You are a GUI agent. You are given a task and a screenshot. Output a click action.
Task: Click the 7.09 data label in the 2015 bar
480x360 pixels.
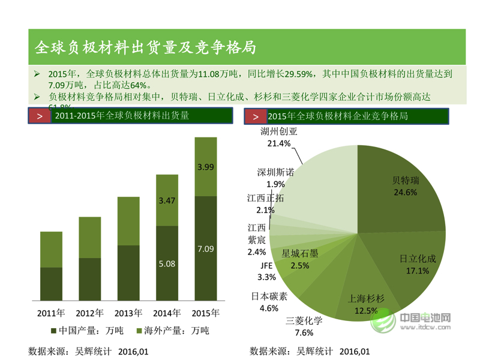(205, 249)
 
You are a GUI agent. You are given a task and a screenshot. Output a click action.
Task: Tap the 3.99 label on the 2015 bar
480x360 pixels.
(205, 167)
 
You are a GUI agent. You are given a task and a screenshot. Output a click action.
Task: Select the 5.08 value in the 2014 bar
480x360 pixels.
(167, 263)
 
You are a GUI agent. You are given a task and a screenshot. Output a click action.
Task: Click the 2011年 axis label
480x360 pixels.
(51, 313)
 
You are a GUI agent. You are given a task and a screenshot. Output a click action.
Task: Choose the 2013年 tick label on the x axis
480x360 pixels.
(128, 313)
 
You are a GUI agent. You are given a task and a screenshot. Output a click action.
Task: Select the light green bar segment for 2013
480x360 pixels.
(128, 221)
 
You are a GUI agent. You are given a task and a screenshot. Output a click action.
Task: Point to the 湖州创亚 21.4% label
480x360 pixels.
(279, 137)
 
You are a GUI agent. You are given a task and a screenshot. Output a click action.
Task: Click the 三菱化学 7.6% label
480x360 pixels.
(304, 326)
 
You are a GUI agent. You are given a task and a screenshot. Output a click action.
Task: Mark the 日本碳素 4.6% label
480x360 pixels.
(269, 302)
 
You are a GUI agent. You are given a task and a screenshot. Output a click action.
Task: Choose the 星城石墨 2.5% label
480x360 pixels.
(299, 259)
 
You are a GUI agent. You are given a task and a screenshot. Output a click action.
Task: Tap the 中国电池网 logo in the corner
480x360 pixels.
(414, 321)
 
